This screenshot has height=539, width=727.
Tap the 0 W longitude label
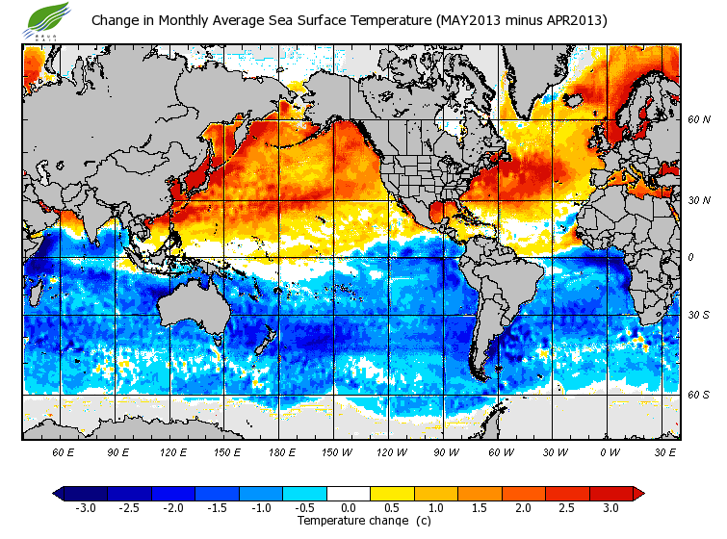pyautogui.click(x=610, y=450)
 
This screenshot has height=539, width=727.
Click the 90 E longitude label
pyautogui.click(x=118, y=450)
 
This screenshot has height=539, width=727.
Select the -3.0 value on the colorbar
pyautogui.click(x=85, y=507)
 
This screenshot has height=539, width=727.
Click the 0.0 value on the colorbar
pyautogui.click(x=348, y=507)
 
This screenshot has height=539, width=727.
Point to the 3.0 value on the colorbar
pyautogui.click(x=610, y=507)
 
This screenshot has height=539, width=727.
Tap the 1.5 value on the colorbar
pyautogui.click(x=479, y=507)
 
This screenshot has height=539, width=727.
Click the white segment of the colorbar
pyautogui.click(x=348, y=493)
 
